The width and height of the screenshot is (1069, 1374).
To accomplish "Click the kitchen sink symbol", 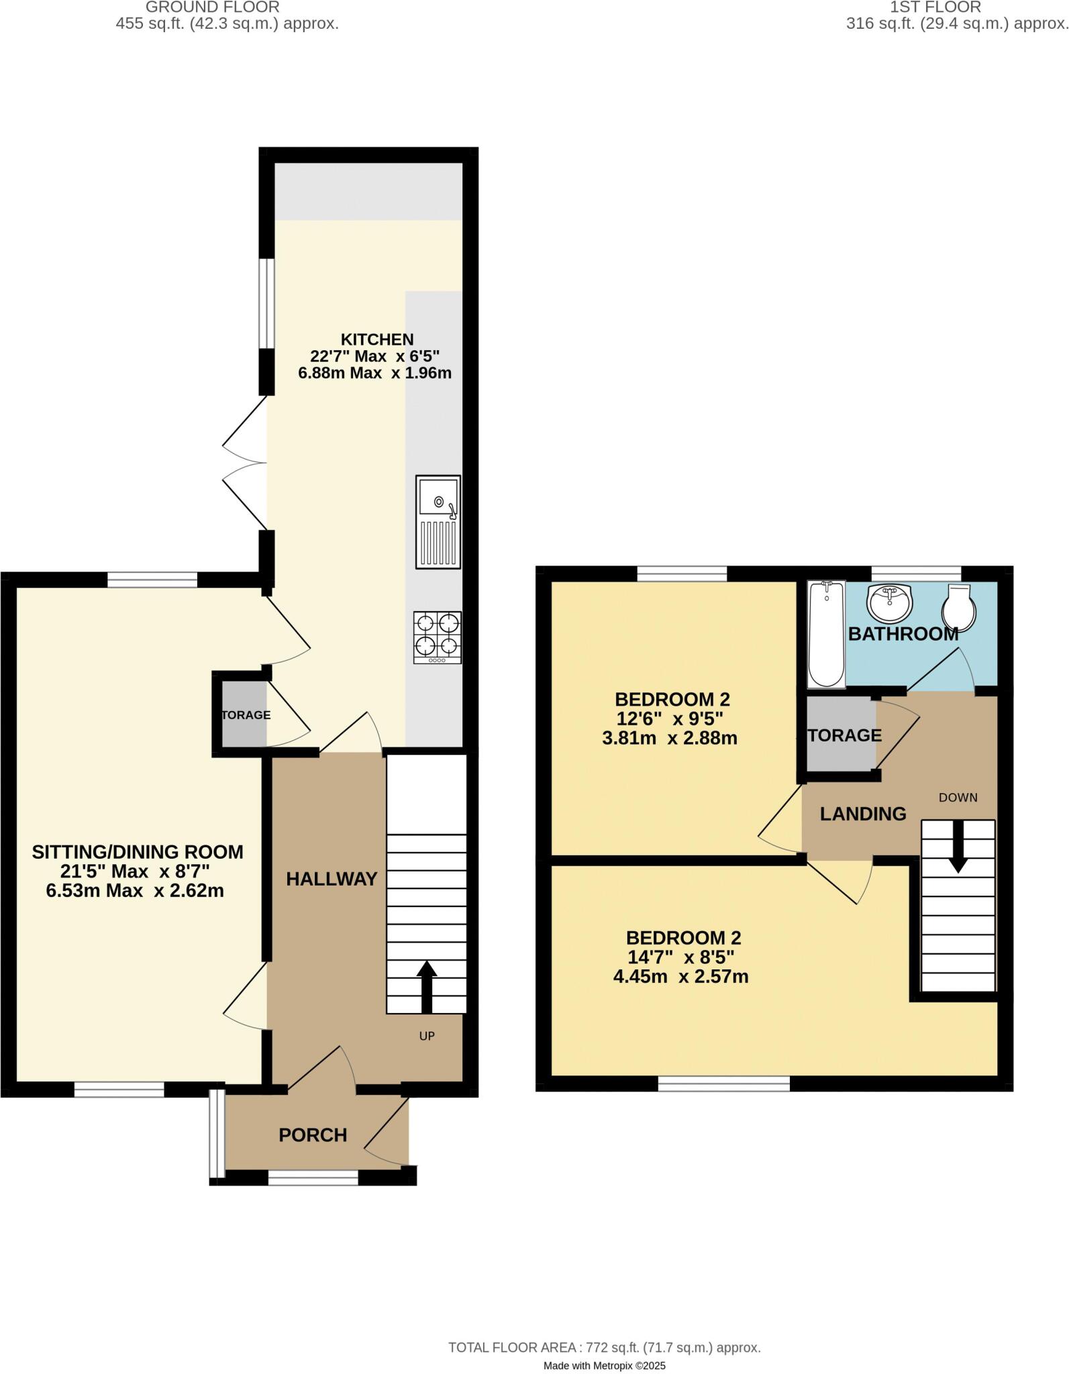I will point(438,521).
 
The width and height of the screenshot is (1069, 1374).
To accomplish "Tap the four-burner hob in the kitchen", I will point(438,637).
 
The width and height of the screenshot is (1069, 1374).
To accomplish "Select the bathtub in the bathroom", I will point(826,634).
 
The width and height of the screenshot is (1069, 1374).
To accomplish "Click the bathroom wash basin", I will point(890,602).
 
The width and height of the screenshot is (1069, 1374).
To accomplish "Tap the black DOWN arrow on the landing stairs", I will point(957,846).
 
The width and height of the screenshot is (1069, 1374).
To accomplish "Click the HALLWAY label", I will point(332,879).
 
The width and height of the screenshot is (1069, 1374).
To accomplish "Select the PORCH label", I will point(313,1135).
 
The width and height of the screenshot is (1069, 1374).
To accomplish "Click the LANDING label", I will point(863,814).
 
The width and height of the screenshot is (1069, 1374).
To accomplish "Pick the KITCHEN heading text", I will point(377,339).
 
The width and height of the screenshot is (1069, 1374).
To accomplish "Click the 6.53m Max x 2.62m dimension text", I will point(135,891).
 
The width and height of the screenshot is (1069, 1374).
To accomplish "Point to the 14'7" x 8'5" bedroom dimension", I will point(682,957).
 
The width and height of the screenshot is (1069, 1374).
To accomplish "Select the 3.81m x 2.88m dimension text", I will point(670,738).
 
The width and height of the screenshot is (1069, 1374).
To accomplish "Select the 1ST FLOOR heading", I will point(935,7).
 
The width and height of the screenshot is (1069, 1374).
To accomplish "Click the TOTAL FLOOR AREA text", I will point(604,1328).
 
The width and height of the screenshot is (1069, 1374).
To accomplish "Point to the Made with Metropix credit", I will point(604,1346).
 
